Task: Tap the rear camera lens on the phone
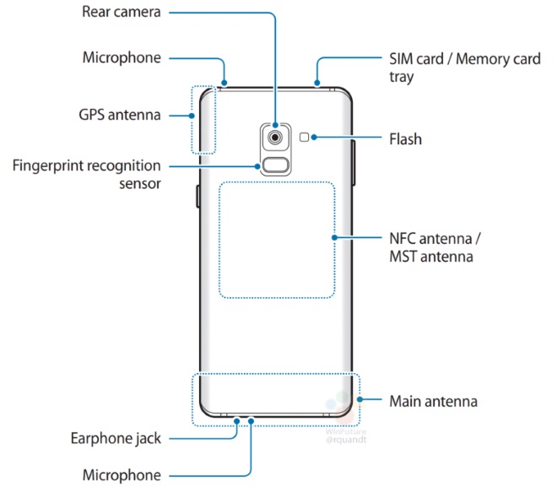coord(276,136)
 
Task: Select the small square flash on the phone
coord(306,136)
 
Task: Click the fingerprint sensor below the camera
coord(276,165)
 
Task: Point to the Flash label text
coord(405,138)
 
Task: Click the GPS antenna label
coord(122,115)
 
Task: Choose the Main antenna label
coord(433,400)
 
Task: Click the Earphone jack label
coord(115,439)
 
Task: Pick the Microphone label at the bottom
coord(121,475)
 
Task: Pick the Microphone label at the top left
coord(121,58)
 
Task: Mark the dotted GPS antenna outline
coord(203,119)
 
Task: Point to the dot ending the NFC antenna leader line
coord(335,238)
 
